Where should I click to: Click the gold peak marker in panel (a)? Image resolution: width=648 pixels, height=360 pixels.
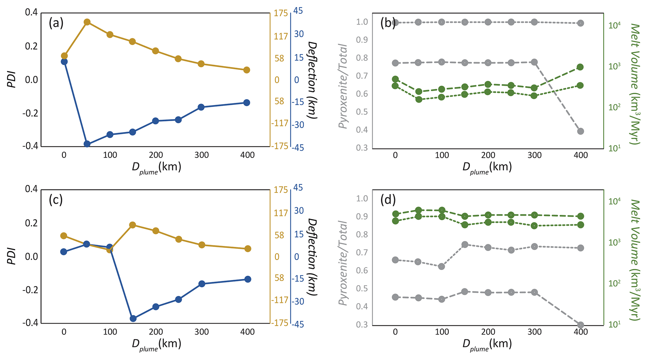(x=87, y=22)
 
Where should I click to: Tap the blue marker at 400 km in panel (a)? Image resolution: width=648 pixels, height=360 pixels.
(x=247, y=102)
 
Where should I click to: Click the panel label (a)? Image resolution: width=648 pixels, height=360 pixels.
(x=56, y=23)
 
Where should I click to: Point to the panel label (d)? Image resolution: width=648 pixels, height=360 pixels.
(x=388, y=200)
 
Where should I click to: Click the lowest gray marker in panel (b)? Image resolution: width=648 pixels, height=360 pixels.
(x=581, y=131)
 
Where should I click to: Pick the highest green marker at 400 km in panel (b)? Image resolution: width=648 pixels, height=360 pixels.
(x=580, y=67)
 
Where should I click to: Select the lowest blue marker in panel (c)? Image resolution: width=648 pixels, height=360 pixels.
(x=133, y=318)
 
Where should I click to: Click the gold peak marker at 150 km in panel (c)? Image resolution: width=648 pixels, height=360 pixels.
(x=132, y=225)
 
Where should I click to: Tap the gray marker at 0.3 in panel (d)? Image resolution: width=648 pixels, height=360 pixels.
(x=581, y=325)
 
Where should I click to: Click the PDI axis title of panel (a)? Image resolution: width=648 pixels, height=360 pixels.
(x=12, y=80)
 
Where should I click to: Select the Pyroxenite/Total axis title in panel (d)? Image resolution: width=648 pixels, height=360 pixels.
(x=343, y=263)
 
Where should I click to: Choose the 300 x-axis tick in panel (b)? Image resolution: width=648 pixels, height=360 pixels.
(x=535, y=155)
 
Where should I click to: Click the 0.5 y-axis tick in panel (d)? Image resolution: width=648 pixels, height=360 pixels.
(x=362, y=289)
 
